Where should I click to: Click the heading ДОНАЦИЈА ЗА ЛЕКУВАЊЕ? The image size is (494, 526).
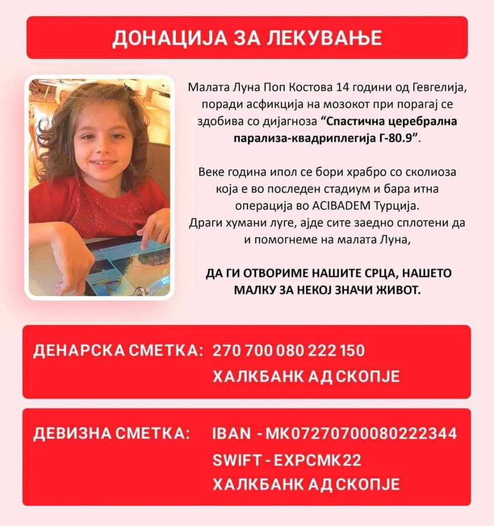pyautogui.click(x=247, y=38)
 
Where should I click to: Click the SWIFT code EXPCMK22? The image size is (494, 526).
pyautogui.click(x=318, y=460)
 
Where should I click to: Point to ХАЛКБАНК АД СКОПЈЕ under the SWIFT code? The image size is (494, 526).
pyautogui.click(x=306, y=484)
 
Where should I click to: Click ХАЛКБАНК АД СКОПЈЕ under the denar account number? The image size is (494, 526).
pyautogui.click(x=306, y=377)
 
